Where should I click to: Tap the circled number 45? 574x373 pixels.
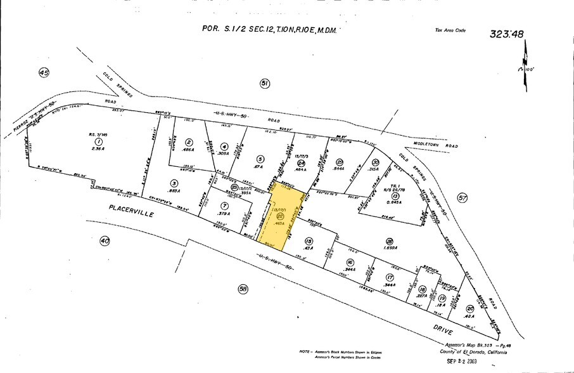click(x=43, y=74)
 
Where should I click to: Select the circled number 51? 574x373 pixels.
click(x=265, y=83)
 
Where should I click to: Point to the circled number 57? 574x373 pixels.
click(x=462, y=199)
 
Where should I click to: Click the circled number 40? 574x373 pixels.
click(x=104, y=240)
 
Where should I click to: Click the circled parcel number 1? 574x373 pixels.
click(x=98, y=142)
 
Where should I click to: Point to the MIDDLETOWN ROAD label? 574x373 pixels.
click(x=435, y=145)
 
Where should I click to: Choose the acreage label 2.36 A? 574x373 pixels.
click(x=98, y=151)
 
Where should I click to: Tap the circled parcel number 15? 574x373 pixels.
click(x=309, y=240)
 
